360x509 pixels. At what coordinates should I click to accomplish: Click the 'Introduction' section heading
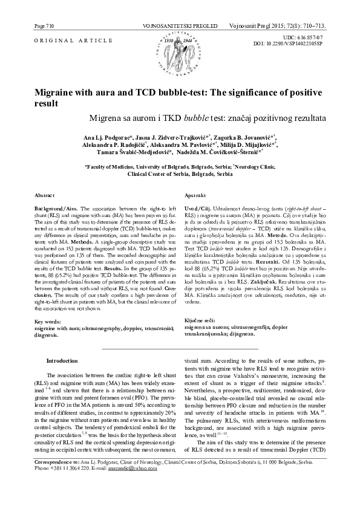[62, 360]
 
